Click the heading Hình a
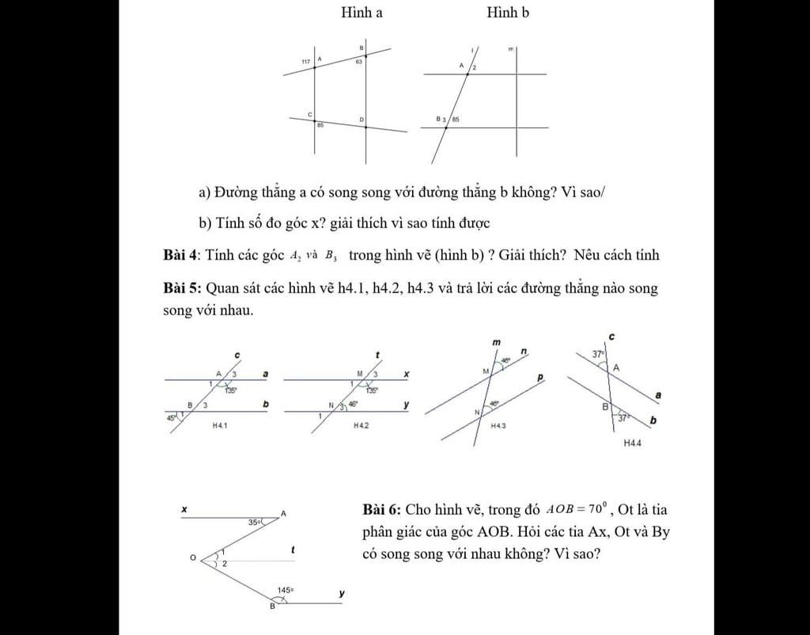tap(361, 12)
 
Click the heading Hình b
tap(508, 12)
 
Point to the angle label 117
tap(305, 61)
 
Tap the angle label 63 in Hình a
tap(358, 61)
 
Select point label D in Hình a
tap(361, 120)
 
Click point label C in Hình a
tap(310, 114)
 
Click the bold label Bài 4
tap(181, 255)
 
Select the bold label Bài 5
tap(181, 288)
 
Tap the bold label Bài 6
tap(382, 509)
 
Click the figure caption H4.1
tap(220, 426)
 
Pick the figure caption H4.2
tap(361, 425)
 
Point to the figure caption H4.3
tap(498, 426)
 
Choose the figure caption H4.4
tap(632, 443)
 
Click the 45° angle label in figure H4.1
tap(171, 417)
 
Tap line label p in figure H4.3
tap(540, 378)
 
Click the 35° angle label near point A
tap(254, 523)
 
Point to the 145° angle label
tap(285, 590)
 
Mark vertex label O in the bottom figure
tap(192, 558)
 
